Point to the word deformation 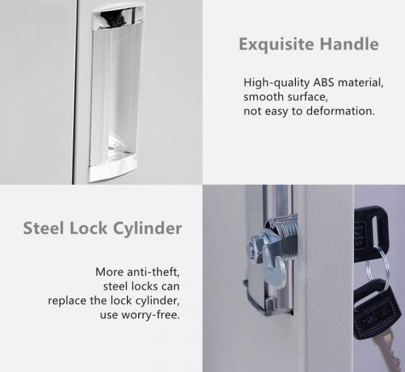tap(341, 111)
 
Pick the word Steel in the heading tap(43, 228)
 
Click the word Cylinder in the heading tap(148, 229)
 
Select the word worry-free tap(151, 315)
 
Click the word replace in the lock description tap(67, 300)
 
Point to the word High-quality tap(276, 83)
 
